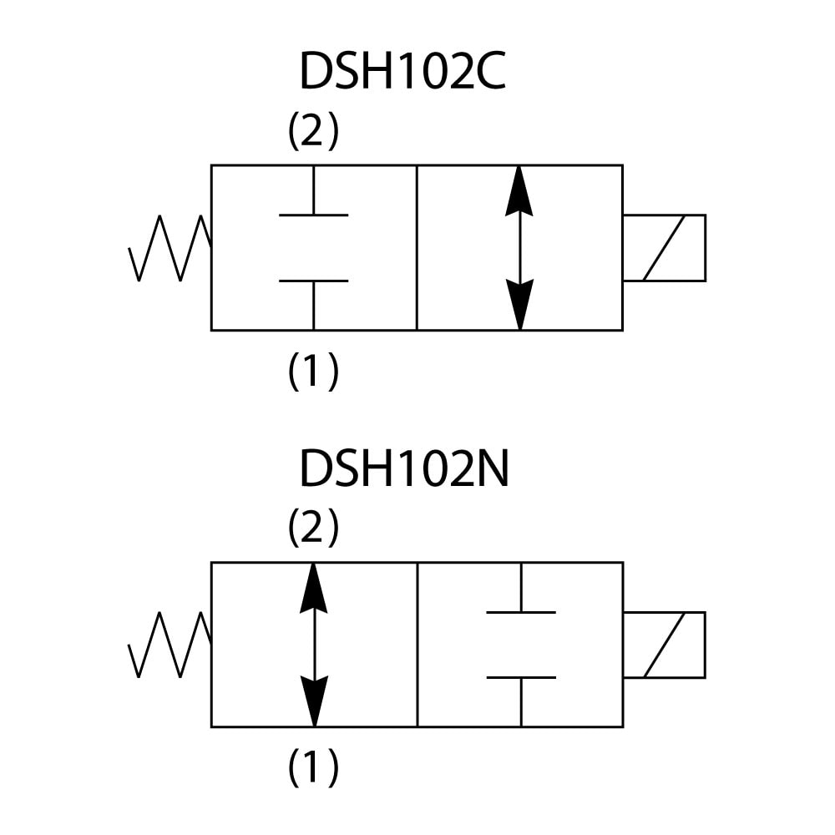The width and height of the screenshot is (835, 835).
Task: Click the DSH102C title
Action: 402,73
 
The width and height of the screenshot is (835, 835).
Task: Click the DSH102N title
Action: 403,469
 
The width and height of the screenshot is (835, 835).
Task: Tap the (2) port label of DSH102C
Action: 313,131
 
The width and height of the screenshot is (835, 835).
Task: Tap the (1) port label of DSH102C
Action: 313,372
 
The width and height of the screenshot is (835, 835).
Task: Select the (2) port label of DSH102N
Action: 313,528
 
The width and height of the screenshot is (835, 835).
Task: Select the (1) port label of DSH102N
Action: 313,768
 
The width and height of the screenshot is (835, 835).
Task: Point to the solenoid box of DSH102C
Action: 665,248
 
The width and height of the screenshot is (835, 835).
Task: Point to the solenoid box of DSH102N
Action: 665,645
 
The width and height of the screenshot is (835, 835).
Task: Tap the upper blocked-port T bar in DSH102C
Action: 313,215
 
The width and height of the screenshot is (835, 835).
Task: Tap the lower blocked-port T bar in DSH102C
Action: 313,281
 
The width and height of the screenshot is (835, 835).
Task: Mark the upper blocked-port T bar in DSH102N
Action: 520,612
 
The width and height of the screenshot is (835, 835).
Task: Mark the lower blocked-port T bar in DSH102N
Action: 520,678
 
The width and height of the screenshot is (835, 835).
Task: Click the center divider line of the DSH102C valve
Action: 417,248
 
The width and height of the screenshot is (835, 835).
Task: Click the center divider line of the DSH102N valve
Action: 417,645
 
